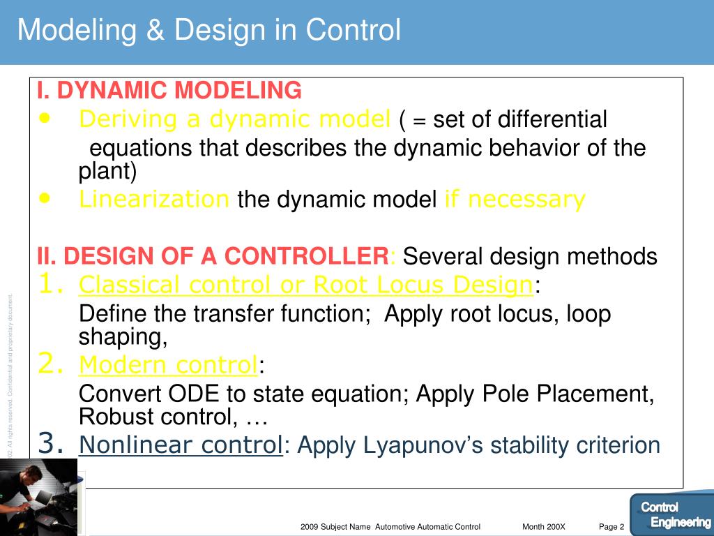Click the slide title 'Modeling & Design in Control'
(x=209, y=31)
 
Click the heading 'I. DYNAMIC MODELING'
(x=169, y=90)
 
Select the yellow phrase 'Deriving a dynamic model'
(x=234, y=120)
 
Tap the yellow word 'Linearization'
(x=154, y=200)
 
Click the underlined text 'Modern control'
(x=168, y=365)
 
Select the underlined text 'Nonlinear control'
(x=181, y=445)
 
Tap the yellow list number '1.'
(x=53, y=284)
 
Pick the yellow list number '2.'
(x=53, y=364)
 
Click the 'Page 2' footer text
(x=612, y=527)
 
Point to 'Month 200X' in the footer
(x=544, y=527)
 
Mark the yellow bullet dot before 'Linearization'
(x=46, y=198)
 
